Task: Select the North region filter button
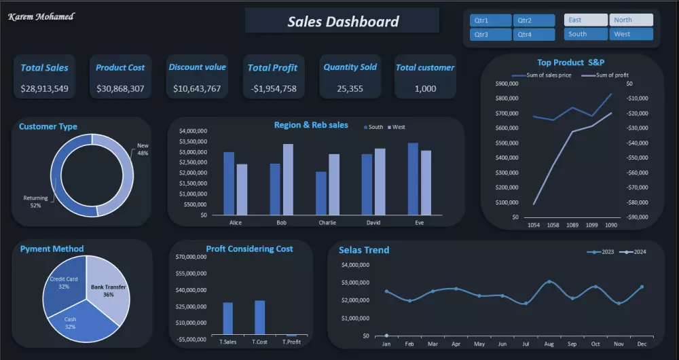click(x=631, y=20)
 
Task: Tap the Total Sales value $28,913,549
click(x=44, y=88)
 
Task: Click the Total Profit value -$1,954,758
click(x=272, y=88)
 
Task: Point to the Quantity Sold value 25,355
click(x=350, y=88)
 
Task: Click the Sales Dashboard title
click(x=343, y=21)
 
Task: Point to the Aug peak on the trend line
click(x=549, y=281)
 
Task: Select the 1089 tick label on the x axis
click(x=573, y=225)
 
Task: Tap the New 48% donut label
click(x=143, y=149)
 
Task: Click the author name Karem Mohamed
click(x=41, y=16)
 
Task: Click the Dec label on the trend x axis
click(x=642, y=344)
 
